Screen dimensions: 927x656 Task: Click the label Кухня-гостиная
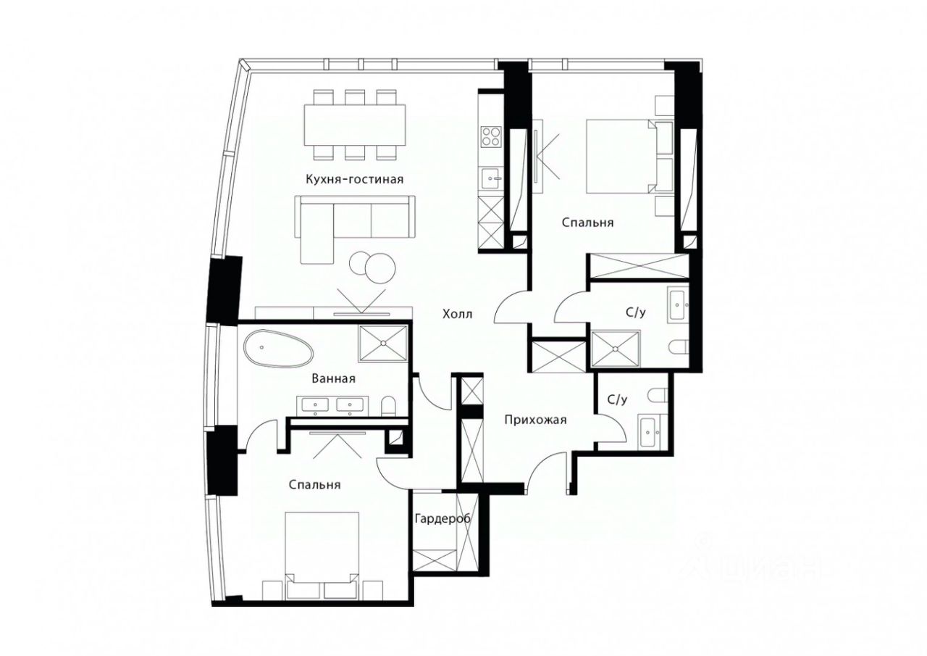355,180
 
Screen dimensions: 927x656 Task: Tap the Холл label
457,315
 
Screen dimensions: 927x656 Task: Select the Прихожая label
535,420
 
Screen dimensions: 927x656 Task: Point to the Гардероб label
442,518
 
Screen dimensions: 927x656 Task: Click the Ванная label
334,378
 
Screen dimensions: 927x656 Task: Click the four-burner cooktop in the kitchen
491,136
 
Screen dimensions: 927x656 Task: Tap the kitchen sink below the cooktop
491,178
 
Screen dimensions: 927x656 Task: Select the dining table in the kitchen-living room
355,124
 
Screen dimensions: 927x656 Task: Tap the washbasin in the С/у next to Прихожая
650,432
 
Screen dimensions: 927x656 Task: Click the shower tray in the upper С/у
616,349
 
